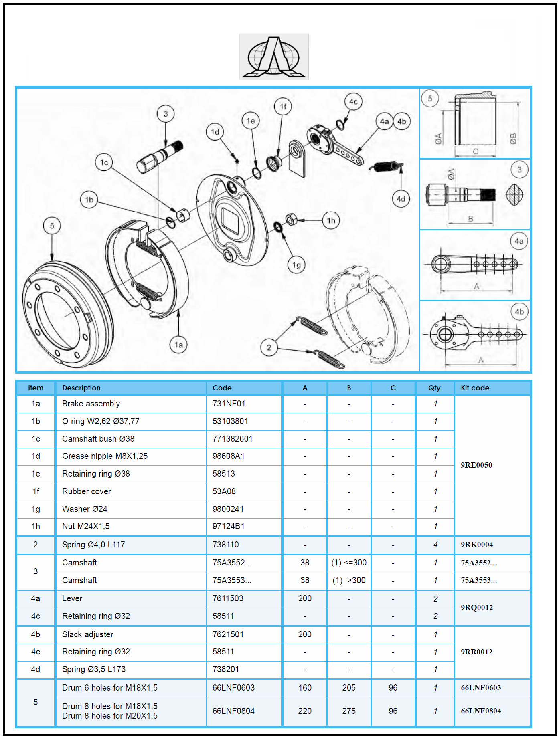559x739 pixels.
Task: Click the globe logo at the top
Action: [x=274, y=57]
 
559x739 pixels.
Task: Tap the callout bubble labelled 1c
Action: [x=104, y=162]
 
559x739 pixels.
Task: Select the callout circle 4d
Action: [x=401, y=199]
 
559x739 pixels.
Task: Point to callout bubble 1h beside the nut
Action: [x=331, y=220]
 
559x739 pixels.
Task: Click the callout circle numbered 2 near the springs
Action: [x=269, y=347]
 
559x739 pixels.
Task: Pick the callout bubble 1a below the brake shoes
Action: [x=178, y=345]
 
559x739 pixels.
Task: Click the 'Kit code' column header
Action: [x=475, y=388]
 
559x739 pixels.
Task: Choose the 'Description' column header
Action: [x=81, y=388]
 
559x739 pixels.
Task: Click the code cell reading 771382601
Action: [x=233, y=439]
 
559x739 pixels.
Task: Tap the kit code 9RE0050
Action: [x=476, y=465]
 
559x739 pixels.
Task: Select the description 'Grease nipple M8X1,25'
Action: [x=105, y=456]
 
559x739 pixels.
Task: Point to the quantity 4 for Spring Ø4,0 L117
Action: [x=435, y=545]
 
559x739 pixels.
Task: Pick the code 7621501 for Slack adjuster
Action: [x=228, y=634]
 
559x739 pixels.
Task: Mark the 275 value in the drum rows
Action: [x=349, y=711]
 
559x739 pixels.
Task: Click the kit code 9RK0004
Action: [x=477, y=545]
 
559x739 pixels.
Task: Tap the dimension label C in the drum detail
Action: [x=476, y=151]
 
